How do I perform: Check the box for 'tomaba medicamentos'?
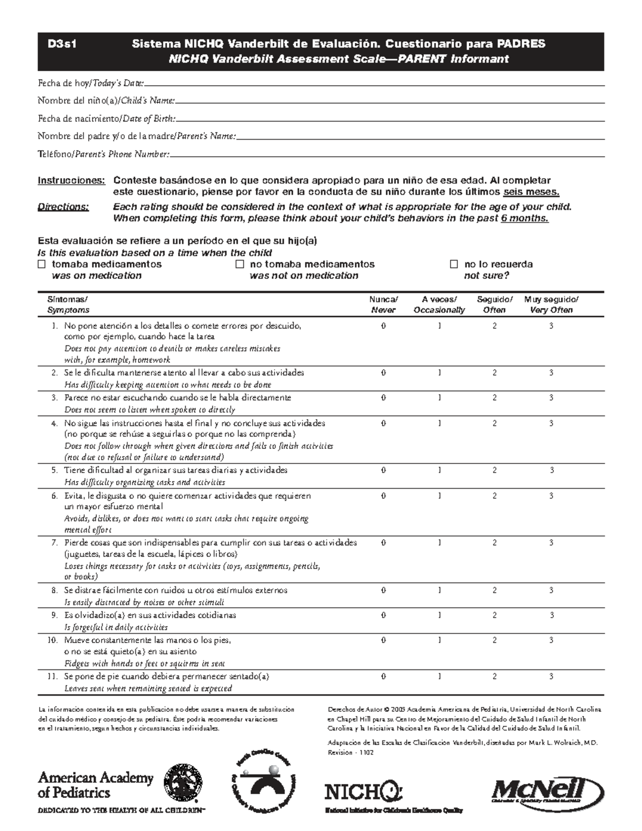42,264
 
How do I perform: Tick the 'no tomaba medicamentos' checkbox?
240,264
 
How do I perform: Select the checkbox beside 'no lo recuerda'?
454,264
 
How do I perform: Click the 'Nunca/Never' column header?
383,304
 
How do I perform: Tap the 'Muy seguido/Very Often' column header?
551,304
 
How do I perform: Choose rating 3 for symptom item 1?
551,326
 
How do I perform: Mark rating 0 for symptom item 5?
383,470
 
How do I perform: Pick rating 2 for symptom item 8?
494,590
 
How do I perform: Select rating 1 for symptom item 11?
439,676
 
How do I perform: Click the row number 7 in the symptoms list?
54,543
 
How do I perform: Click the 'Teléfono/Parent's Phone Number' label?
103,155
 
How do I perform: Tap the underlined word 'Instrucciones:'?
71,180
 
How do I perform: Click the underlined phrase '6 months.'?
524,218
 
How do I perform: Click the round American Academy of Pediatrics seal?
183,783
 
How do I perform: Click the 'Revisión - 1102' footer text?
350,752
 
